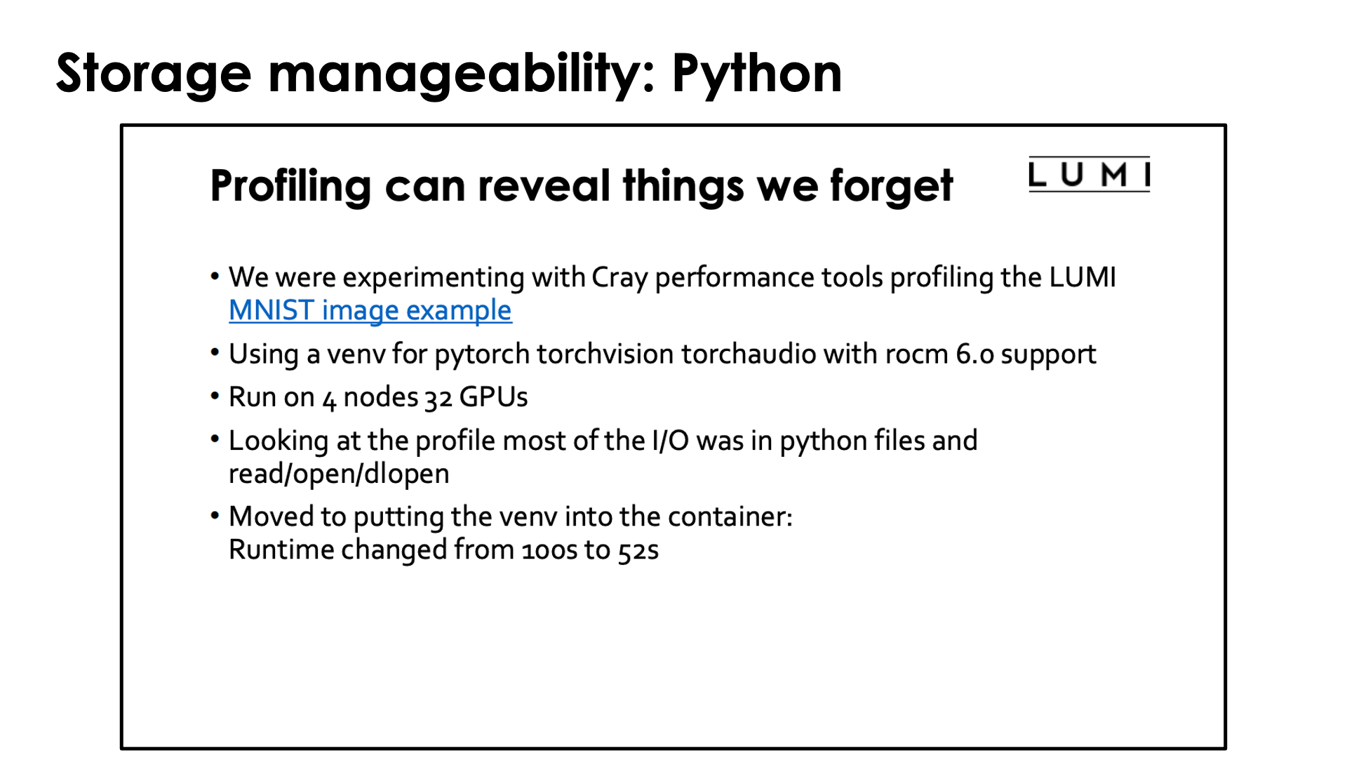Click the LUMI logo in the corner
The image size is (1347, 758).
(1089, 174)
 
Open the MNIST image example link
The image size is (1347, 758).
(370, 310)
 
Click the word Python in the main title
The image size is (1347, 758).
(757, 74)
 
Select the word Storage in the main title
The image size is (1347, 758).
(154, 74)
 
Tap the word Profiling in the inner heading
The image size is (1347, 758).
(290, 187)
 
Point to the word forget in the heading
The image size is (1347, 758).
(891, 187)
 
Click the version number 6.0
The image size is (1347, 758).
(975, 354)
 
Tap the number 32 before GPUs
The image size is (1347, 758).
(438, 399)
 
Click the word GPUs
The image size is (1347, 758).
(493, 397)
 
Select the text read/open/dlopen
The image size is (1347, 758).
(339, 474)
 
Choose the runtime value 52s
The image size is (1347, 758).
(638, 550)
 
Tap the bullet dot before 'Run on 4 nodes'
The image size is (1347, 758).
(215, 397)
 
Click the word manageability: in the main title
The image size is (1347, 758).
(462, 74)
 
